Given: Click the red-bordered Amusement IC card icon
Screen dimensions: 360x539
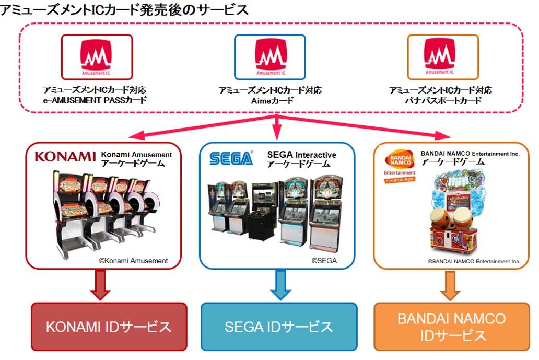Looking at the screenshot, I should point(97,57).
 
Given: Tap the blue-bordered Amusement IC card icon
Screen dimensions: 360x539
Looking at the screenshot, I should point(269,57).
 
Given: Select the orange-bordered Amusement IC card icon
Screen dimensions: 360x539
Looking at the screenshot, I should point(442,57).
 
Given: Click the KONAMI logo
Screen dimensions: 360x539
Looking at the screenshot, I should point(65,156).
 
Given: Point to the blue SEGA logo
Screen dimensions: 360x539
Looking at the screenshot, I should point(231,158).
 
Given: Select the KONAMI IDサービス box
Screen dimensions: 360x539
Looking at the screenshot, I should point(109,327).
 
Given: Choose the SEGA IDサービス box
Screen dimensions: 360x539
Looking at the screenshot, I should point(279,327).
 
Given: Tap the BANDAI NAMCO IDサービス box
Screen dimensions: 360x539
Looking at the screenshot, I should point(451,327).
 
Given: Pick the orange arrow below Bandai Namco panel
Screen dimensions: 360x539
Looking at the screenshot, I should point(450,285).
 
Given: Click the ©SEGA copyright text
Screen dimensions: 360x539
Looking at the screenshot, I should point(324,260).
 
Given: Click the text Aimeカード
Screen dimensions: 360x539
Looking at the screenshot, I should point(270,100).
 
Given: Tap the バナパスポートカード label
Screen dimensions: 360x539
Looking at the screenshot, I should point(441,100).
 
